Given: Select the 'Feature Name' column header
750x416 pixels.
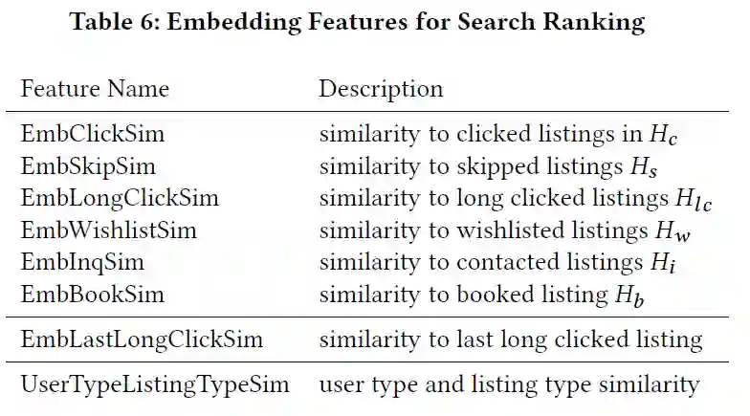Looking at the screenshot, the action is (x=95, y=90).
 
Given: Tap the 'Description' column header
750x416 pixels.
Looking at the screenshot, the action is (x=381, y=90).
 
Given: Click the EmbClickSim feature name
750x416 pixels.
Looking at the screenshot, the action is (x=92, y=135).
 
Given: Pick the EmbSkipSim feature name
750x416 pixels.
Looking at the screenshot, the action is (x=88, y=166).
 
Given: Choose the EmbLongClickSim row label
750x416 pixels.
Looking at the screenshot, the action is (x=120, y=199).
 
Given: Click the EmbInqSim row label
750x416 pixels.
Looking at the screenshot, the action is (x=82, y=262).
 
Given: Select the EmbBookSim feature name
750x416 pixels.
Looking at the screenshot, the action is (x=93, y=294).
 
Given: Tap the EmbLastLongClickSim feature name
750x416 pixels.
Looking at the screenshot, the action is (x=142, y=339).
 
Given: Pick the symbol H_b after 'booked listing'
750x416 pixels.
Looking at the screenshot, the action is (x=629, y=296).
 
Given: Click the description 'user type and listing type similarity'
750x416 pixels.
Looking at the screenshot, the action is (x=509, y=385).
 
